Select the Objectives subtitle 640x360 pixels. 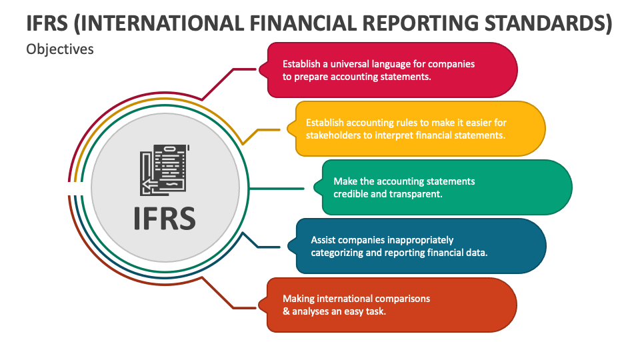click(x=60, y=49)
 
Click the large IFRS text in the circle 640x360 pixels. click(x=165, y=219)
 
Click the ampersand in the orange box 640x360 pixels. click(x=286, y=311)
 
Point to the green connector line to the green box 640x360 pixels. click(x=276, y=189)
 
